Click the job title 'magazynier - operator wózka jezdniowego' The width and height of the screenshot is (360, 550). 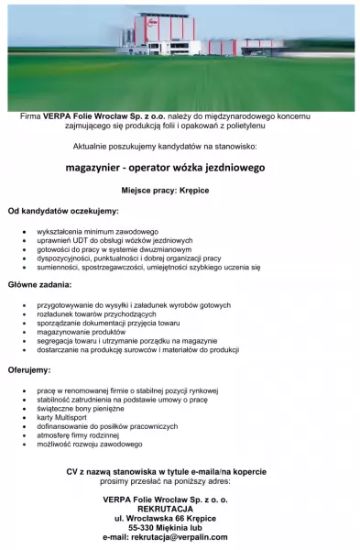click(179, 168)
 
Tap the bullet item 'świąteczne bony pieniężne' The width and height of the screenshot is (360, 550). click(82, 408)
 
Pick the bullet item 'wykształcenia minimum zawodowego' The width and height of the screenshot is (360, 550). click(98, 231)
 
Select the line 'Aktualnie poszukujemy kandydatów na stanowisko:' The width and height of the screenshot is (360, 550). click(179, 146)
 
